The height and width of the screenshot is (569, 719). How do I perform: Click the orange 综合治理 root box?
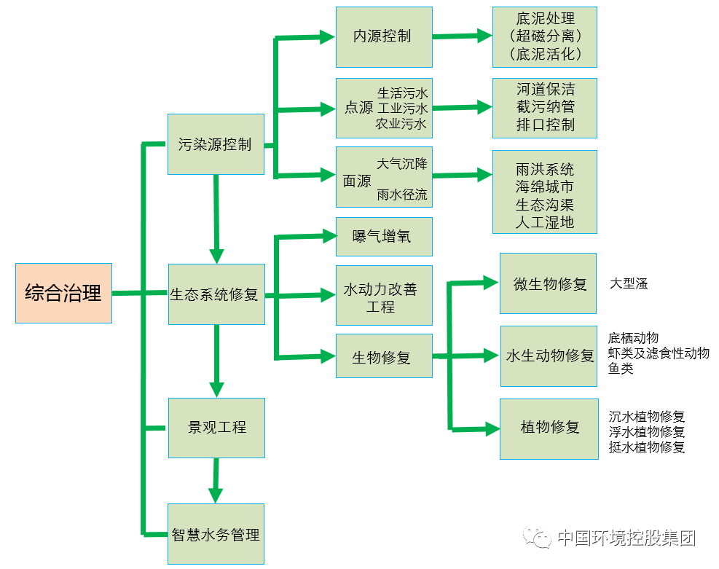coord(63,293)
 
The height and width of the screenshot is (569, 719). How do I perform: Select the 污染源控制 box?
coord(216,144)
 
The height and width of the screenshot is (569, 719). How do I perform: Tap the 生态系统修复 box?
coord(216,294)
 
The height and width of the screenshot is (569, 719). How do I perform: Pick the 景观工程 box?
coord(216,428)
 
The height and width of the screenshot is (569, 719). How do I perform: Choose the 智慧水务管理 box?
coord(216,534)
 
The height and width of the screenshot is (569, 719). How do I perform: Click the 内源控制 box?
coord(384,36)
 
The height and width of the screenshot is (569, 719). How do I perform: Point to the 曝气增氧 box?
coord(384,237)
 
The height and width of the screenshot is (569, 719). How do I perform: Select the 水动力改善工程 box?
coord(384,295)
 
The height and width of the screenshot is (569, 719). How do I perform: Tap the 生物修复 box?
coord(384,356)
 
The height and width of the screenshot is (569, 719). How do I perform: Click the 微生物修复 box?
coord(548,283)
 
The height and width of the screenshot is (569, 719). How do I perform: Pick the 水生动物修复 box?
coord(548,356)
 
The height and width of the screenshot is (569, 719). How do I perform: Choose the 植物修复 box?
coord(548,428)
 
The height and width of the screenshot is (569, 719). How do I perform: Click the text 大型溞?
coord(629,283)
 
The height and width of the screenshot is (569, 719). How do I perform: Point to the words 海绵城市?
coord(545,187)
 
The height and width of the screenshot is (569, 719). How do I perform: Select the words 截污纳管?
coord(545,107)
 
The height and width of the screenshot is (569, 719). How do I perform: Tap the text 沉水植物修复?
coord(647,417)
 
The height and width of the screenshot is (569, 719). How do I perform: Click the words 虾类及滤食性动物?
coord(659,353)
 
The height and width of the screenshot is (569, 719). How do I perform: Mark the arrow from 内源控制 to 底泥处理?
coord(463,35)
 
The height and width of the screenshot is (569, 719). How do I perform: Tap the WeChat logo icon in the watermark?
coord(541,538)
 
